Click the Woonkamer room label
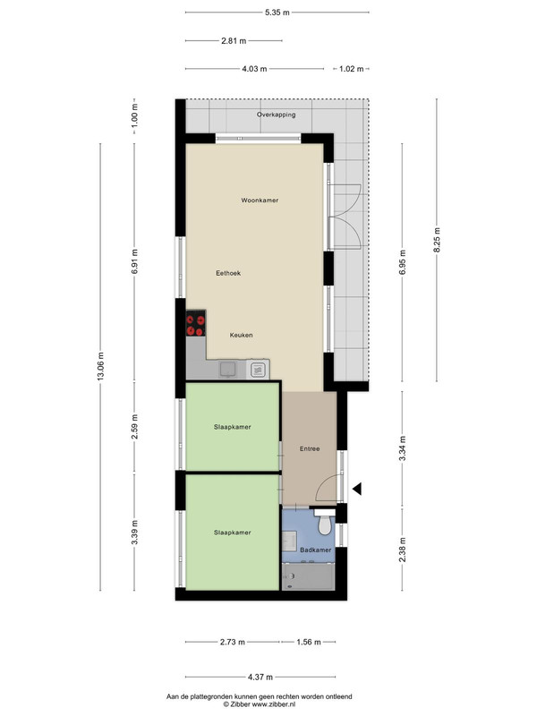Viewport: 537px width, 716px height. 260,200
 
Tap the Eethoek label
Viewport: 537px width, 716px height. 228,273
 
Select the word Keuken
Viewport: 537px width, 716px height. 241,335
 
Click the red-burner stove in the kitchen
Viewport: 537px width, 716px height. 195,323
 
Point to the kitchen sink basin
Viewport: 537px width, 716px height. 226,369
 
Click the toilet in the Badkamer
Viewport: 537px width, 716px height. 325,523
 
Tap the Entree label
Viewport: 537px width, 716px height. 310,449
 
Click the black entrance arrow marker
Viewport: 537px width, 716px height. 357,489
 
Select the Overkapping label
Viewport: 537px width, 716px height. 276,115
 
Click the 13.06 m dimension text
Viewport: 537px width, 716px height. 101,366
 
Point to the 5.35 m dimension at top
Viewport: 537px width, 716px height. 277,13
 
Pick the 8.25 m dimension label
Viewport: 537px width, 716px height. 437,240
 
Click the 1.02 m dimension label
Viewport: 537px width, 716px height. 352,69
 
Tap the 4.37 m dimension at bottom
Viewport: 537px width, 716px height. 260,677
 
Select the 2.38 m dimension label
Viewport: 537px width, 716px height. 402,550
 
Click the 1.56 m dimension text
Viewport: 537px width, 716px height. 309,642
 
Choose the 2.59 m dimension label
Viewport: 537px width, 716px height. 134,427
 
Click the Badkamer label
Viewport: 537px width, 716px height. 316,550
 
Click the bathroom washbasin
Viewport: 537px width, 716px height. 289,541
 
